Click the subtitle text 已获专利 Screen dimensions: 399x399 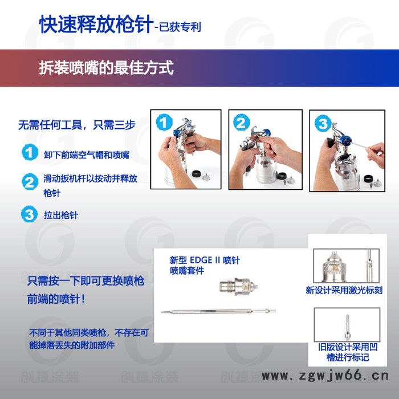point(178,27)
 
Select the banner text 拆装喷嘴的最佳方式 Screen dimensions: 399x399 point(105,68)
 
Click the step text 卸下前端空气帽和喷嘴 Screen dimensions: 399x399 point(86,154)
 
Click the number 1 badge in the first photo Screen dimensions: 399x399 point(164,123)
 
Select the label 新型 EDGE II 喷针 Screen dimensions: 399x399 point(205,260)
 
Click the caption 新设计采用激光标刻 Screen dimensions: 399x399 point(344,290)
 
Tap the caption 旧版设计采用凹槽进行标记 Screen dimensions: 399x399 point(343,352)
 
